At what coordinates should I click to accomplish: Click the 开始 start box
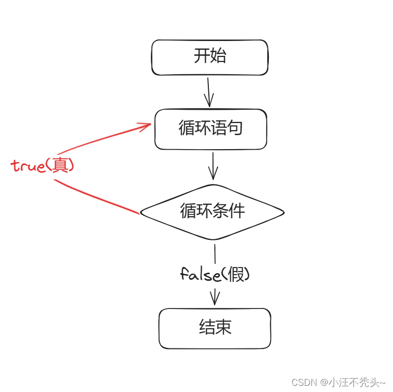coord(209,57)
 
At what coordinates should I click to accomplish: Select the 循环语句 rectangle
coord(210,129)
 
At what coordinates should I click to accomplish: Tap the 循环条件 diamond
coord(212,212)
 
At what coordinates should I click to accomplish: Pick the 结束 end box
coord(214,328)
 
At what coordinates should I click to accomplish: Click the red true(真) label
coord(43,166)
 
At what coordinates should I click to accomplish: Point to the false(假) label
coord(214,275)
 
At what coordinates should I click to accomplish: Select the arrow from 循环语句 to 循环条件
coord(212,166)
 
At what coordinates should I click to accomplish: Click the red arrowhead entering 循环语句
coord(145,125)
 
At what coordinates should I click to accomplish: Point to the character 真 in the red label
coord(62,165)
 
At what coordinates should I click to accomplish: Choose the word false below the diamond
coord(201,275)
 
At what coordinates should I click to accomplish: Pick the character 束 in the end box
coord(223,328)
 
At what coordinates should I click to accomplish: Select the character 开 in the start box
coord(201,56)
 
